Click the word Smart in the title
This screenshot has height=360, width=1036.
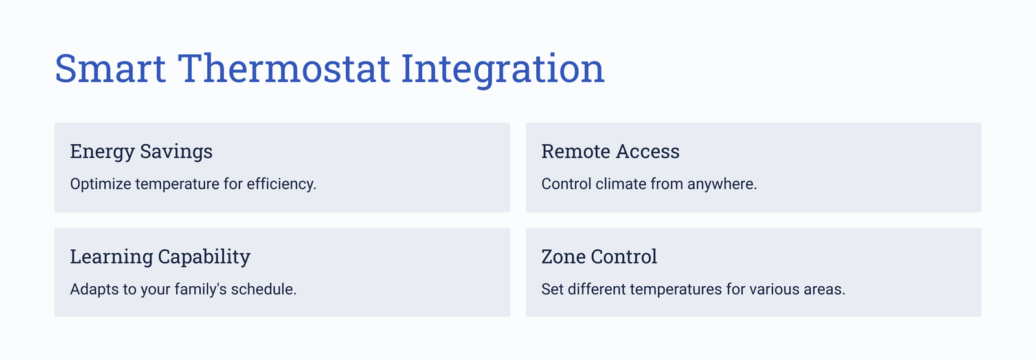click(x=110, y=69)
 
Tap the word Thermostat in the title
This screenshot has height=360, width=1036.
click(x=284, y=69)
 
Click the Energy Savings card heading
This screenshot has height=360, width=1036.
click(x=141, y=152)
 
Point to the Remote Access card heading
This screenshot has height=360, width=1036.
click(x=610, y=152)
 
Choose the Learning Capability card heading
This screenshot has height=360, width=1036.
click(x=160, y=257)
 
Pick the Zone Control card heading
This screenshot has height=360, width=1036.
click(x=599, y=256)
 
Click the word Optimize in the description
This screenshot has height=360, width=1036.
click(x=100, y=184)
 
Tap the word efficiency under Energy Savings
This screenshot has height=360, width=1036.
click(x=281, y=184)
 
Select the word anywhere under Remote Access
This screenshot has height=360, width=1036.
click(x=722, y=184)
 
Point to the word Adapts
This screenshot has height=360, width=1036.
click(x=95, y=289)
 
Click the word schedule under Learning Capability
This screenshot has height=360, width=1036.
click(x=264, y=289)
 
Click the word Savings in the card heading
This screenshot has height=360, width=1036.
click(x=176, y=152)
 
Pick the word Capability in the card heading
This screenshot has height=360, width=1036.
click(x=204, y=257)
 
